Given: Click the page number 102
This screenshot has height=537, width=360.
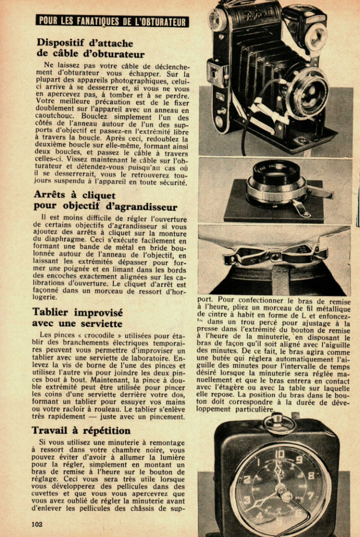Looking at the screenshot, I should pyautogui.click(x=37, y=523).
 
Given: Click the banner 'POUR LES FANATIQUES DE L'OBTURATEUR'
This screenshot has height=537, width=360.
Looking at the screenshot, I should pyautogui.click(x=113, y=21).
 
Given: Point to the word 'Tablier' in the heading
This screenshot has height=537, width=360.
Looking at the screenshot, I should pyautogui.click(x=55, y=312).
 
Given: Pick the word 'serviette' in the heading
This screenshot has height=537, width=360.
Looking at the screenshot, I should pyautogui.click(x=102, y=324).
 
